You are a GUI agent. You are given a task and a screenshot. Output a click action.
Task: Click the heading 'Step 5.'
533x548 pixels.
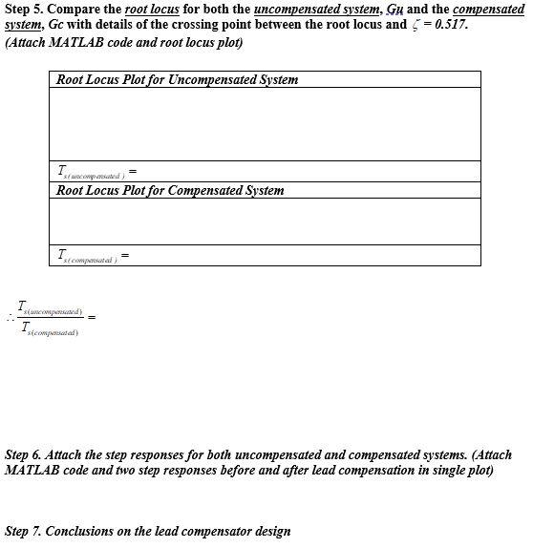pos(23,9)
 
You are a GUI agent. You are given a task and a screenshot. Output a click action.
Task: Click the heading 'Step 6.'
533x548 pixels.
pos(23,455)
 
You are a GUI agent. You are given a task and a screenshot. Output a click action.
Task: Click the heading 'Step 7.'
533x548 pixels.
pos(23,531)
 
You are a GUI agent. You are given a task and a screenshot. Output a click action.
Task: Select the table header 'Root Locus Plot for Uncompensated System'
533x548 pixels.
pos(177,79)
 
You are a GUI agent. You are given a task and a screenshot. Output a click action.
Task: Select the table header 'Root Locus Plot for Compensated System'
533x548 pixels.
pos(170,190)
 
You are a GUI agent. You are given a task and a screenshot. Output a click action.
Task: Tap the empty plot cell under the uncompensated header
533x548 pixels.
pos(266,124)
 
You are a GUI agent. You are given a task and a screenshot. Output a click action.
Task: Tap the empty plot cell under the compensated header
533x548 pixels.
pos(266,221)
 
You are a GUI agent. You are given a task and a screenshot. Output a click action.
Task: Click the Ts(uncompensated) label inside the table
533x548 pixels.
pos(91,173)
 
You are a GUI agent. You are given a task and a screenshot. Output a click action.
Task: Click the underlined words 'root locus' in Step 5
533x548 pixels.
pos(152,9)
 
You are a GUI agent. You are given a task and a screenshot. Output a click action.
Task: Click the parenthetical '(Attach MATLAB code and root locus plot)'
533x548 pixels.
pos(123,43)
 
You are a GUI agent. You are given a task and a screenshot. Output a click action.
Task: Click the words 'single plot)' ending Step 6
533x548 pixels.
pos(462,471)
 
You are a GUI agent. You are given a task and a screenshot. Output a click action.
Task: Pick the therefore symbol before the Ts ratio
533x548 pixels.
pos(11,318)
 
